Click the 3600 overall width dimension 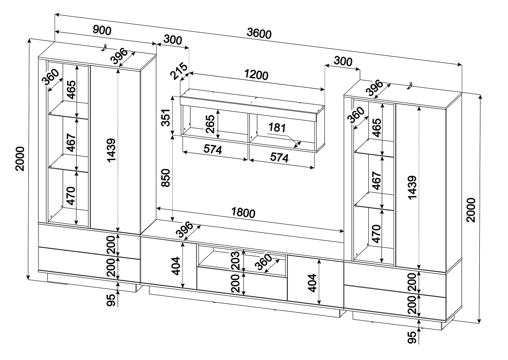pyautogui.click(x=259, y=34)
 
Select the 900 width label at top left pyautogui.click(x=102, y=30)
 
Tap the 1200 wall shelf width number pyautogui.click(x=256, y=75)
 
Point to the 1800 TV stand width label pyautogui.click(x=243, y=213)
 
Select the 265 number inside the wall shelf pyautogui.click(x=210, y=124)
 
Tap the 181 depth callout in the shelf pyautogui.click(x=277, y=128)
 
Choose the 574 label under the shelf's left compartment pyautogui.click(x=213, y=150)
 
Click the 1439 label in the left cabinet pyautogui.click(x=111, y=150)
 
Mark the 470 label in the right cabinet pyautogui.click(x=376, y=234)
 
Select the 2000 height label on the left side pyautogui.click(x=20, y=158)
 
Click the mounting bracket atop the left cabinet pyautogui.click(x=104, y=47)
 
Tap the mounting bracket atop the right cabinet pyautogui.click(x=409, y=86)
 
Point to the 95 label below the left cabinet pyautogui.click(x=111, y=300)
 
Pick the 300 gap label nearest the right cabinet pyautogui.click(x=343, y=61)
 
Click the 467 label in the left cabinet pyautogui.click(x=71, y=143)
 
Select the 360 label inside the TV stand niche pyautogui.click(x=263, y=262)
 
